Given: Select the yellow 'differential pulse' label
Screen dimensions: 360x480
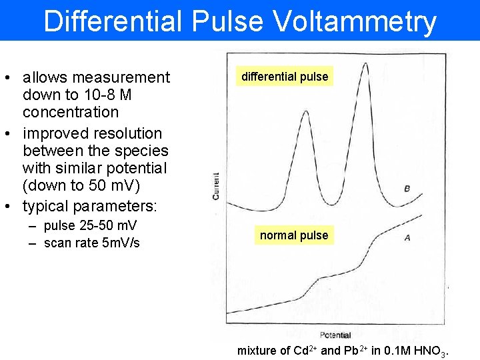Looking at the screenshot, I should click(285, 77).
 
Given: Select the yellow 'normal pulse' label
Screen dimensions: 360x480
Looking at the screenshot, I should click(294, 235).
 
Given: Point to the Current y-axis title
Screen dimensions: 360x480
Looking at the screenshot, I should click(215, 185).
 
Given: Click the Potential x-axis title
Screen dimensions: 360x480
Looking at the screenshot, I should click(335, 335).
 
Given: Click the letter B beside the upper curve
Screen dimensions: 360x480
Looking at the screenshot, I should click(407, 189).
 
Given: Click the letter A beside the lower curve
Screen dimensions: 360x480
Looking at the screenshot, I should click(407, 238).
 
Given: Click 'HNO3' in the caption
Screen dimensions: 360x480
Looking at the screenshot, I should click(433, 351).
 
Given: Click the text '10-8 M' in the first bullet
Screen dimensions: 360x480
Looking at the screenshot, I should click(100, 95).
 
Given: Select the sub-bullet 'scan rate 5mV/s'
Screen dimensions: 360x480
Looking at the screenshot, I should click(91, 243).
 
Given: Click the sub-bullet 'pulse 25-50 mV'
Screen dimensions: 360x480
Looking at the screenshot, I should click(90, 225).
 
